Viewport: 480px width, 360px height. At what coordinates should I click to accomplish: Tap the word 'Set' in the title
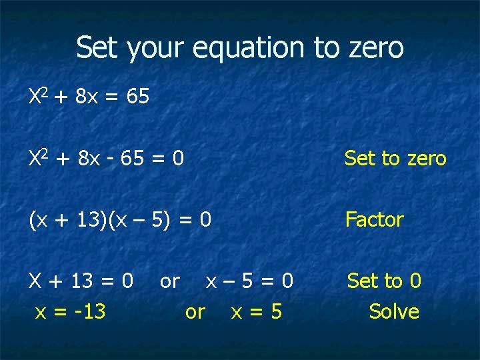click(x=97, y=47)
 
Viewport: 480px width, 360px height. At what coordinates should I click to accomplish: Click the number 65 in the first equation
click(x=137, y=97)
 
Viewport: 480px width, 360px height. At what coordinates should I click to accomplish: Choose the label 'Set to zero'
click(x=395, y=159)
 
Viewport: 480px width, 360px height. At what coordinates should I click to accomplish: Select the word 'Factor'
click(x=374, y=219)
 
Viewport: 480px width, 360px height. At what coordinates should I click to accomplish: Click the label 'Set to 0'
click(x=384, y=281)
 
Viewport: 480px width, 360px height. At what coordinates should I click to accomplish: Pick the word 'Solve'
click(x=394, y=311)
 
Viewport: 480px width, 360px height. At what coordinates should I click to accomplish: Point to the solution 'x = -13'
click(x=70, y=311)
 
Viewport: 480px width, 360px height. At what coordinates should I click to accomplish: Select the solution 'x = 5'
click(x=256, y=311)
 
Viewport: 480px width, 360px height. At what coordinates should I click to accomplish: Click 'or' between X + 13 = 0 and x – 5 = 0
click(x=169, y=281)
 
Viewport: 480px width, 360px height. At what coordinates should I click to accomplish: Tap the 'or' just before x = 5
click(x=195, y=311)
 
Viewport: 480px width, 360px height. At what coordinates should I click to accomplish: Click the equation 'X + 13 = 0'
click(x=81, y=281)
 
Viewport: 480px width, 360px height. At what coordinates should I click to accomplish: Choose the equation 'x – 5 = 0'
click(x=249, y=281)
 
